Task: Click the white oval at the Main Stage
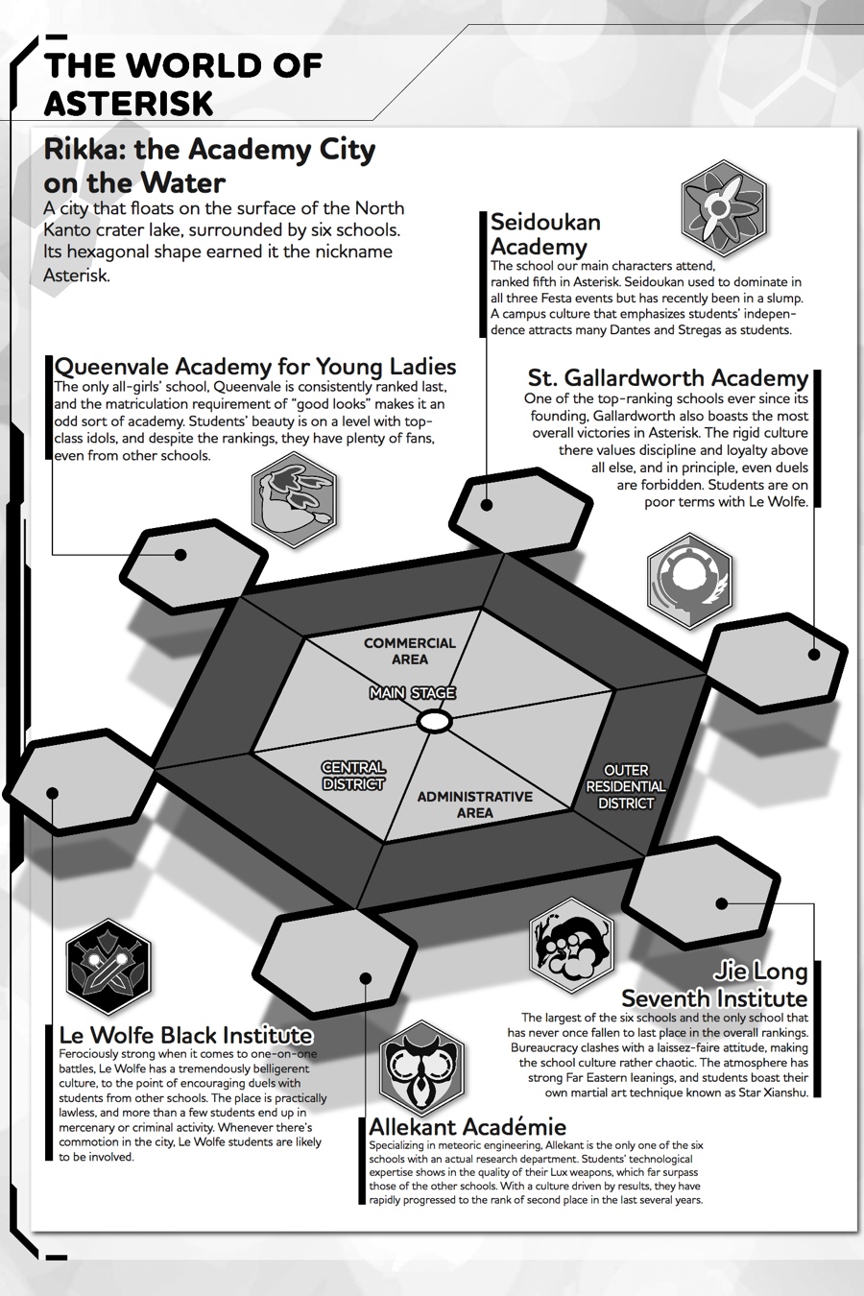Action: tap(434, 720)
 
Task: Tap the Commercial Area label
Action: tap(410, 651)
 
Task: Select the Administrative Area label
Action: tap(474, 804)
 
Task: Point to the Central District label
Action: tap(353, 776)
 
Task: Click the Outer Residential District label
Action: tap(626, 786)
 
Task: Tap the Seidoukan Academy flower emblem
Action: tap(724, 204)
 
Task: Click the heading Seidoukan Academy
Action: tap(545, 234)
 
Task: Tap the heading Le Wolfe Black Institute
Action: tap(186, 1035)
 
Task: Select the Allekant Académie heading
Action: tap(468, 1126)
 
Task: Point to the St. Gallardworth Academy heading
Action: tap(668, 377)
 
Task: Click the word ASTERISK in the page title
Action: tap(129, 103)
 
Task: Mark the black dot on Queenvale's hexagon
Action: tap(180, 554)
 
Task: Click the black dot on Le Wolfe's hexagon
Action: tap(53, 793)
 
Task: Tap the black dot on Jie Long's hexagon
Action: tap(721, 902)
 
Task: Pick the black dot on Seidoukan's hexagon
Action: tap(488, 505)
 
